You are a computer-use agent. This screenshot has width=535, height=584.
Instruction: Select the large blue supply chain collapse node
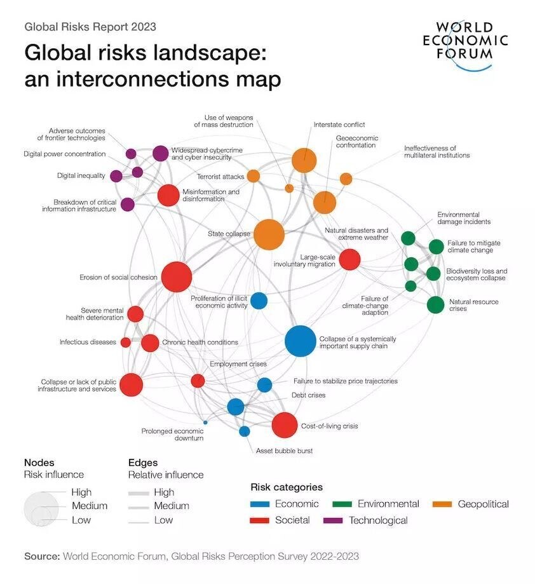300,341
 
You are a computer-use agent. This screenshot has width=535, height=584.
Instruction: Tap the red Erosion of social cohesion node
177,277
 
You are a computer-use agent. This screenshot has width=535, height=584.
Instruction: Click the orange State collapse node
269,234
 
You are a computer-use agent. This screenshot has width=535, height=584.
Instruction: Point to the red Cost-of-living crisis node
284,425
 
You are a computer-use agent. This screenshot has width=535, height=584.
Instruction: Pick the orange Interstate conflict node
304,160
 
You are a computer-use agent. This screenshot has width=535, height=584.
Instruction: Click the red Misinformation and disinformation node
168,195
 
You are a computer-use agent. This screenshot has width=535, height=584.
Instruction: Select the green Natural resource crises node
435,304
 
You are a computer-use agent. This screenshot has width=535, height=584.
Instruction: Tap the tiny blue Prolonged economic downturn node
205,422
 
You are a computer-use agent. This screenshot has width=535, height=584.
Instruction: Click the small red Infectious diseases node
126,343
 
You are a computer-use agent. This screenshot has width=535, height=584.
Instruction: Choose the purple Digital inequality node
116,176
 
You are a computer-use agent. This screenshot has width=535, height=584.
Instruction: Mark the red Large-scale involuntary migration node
349,259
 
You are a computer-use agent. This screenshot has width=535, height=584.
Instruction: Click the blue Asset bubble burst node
245,431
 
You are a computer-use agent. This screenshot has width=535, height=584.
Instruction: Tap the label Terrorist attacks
220,177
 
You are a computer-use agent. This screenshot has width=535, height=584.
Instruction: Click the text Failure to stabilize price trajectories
345,381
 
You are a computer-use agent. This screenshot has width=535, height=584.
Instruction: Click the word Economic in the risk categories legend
297,504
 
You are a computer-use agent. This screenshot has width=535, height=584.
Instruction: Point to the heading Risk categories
287,487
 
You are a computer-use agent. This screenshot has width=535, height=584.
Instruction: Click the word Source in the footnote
41,556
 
